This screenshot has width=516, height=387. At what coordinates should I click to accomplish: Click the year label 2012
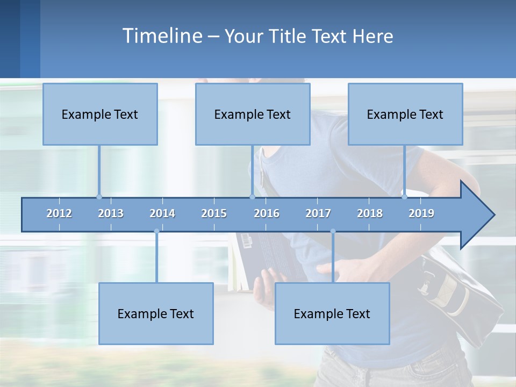tap(59, 213)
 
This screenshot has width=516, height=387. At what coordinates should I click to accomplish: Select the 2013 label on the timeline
tap(111, 213)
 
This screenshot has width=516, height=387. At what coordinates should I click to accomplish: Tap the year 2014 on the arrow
tap(162, 213)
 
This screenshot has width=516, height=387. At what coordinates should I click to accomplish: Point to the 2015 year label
tap(214, 213)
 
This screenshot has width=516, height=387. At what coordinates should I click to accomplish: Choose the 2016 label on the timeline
tap(267, 213)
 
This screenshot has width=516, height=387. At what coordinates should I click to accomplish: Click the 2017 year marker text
tap(318, 213)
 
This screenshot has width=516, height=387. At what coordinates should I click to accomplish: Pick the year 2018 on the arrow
tap(370, 213)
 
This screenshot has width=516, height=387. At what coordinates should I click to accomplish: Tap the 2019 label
tap(421, 213)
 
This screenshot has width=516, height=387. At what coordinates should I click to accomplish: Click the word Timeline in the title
tap(162, 36)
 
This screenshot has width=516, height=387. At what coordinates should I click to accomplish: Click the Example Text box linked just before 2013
tap(100, 114)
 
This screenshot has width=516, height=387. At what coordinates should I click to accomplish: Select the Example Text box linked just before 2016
tap(253, 114)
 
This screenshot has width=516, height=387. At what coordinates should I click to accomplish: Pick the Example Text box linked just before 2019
tap(405, 114)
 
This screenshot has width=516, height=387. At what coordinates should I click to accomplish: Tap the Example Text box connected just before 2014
tap(156, 313)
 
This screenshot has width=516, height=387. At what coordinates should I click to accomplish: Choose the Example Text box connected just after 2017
tap(332, 313)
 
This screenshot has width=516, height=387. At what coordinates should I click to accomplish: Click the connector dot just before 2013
tap(99, 197)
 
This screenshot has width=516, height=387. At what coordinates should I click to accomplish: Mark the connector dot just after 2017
tap(333, 231)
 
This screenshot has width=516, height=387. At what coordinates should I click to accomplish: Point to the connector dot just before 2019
tap(405, 197)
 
